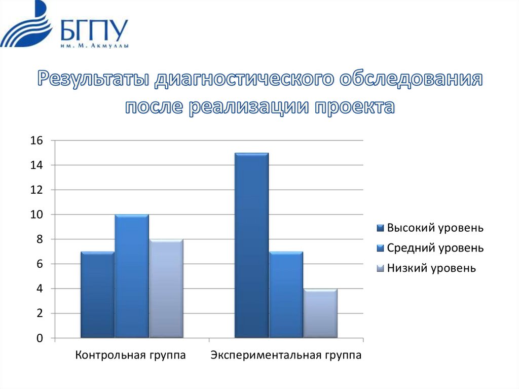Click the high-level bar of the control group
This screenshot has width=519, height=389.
97,295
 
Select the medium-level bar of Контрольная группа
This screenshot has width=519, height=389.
131,276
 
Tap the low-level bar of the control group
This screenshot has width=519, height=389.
166,289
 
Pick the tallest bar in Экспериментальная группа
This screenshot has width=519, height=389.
251,245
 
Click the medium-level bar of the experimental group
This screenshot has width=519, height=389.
286,295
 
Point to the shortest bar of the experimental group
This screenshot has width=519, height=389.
320,313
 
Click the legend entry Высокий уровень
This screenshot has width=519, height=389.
435,228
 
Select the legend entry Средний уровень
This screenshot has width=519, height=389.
435,248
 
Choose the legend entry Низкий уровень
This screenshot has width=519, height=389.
431,268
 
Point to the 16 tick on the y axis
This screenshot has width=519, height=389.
37,140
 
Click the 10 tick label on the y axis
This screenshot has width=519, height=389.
37,215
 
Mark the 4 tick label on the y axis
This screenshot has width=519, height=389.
40,289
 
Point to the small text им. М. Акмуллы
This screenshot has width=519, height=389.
94,46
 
